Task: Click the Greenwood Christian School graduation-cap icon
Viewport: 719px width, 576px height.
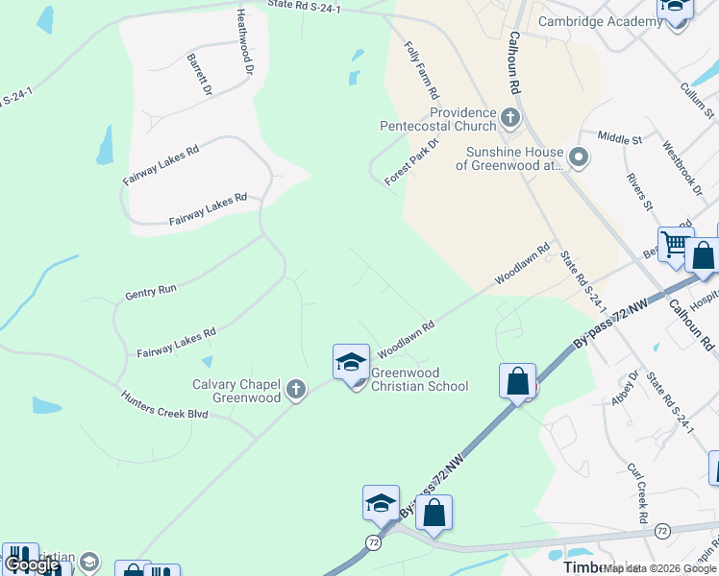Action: (x=351, y=363)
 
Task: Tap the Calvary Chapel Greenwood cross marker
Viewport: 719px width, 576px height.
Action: (x=296, y=390)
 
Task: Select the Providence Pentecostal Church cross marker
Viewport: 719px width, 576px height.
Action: (x=509, y=119)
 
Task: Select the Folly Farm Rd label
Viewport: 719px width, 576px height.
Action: (x=421, y=70)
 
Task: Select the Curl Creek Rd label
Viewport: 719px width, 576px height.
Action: (x=636, y=494)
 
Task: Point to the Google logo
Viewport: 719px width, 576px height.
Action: (x=32, y=564)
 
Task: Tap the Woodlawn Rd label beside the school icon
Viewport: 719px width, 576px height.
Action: (x=407, y=339)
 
